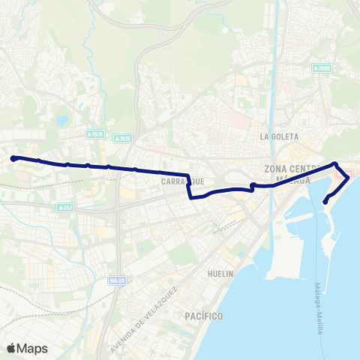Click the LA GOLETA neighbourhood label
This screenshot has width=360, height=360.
279,137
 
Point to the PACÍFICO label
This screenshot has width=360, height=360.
203,316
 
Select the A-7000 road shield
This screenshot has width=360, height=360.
322,68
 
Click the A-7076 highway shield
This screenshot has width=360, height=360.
94,135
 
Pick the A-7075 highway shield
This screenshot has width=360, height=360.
123,139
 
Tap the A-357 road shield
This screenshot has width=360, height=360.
66,208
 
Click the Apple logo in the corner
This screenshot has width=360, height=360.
11,348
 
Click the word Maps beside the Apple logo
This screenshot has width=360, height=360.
32,348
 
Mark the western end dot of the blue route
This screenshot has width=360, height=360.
13,157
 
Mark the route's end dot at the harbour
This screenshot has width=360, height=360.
325,201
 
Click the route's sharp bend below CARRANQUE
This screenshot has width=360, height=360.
190,198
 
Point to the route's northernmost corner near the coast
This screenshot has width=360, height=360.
335,164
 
